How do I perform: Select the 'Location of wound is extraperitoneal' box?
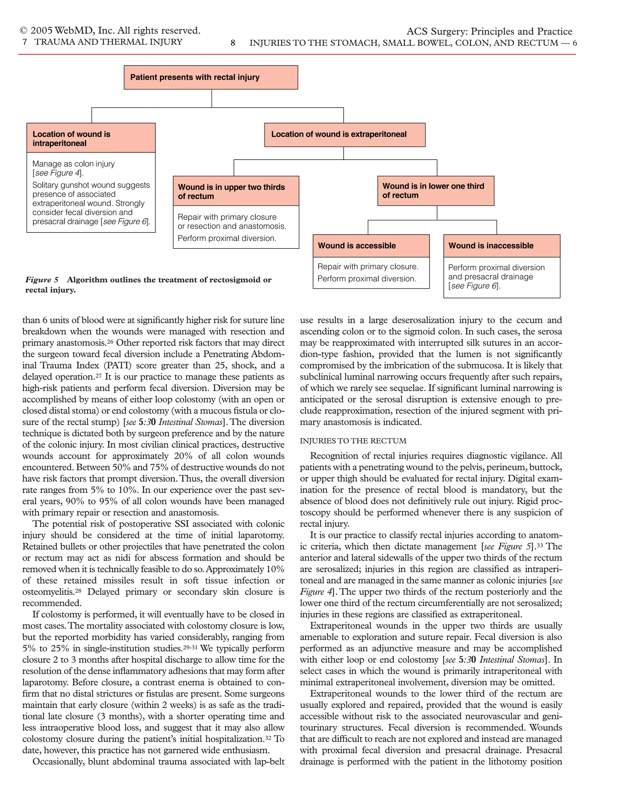pyautogui.click(x=344, y=135)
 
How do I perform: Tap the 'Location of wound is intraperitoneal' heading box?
pyautogui.click(x=91, y=138)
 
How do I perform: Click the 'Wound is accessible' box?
pyautogui.click(x=371, y=246)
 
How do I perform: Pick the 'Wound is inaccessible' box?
pyautogui.click(x=501, y=246)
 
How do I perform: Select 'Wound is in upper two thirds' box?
pyautogui.click(x=235, y=191)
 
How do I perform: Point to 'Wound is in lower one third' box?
pyautogui.click(x=435, y=191)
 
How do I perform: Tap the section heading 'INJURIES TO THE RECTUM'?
pyautogui.click(x=353, y=441)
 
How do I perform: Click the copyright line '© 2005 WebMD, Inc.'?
pyautogui.click(x=110, y=31)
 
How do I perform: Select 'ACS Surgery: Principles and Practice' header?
pyautogui.click(x=489, y=31)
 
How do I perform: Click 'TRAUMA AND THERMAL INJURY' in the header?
pyautogui.click(x=108, y=42)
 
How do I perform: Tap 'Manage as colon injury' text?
pyautogui.click(x=73, y=164)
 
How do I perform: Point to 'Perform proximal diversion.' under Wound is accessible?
pyautogui.click(x=366, y=279)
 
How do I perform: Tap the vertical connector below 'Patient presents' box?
pyautogui.click(x=212, y=98)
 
